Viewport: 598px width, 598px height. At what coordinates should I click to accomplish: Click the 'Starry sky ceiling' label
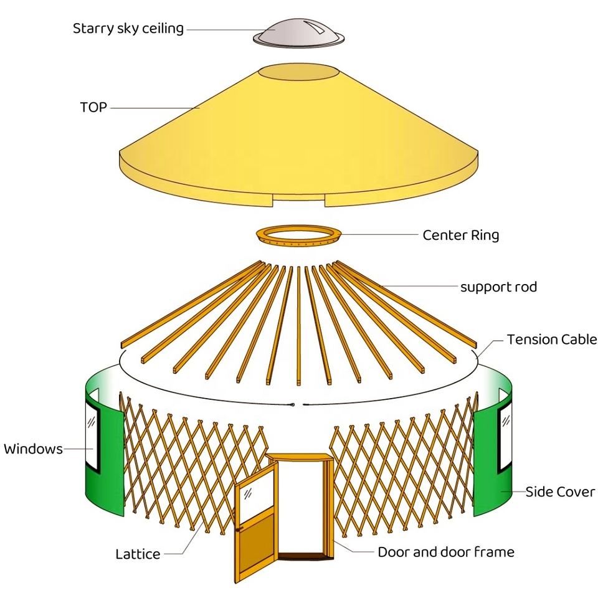click(128, 29)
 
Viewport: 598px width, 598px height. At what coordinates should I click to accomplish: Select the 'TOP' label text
click(93, 107)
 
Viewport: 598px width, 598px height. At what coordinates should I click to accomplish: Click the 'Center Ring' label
click(460, 235)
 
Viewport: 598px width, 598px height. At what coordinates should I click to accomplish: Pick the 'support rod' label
click(498, 287)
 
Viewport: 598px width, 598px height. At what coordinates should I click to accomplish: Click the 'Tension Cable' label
click(551, 339)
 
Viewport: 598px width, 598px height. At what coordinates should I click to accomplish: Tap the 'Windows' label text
click(33, 448)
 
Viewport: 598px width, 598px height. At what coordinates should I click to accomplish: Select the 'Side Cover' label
click(559, 491)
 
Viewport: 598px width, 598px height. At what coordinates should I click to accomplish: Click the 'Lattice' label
click(138, 554)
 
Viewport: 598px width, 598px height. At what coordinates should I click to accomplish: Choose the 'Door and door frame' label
click(446, 552)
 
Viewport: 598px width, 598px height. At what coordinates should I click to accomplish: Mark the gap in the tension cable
click(300, 406)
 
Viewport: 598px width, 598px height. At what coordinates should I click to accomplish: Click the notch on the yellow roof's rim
click(298, 199)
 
